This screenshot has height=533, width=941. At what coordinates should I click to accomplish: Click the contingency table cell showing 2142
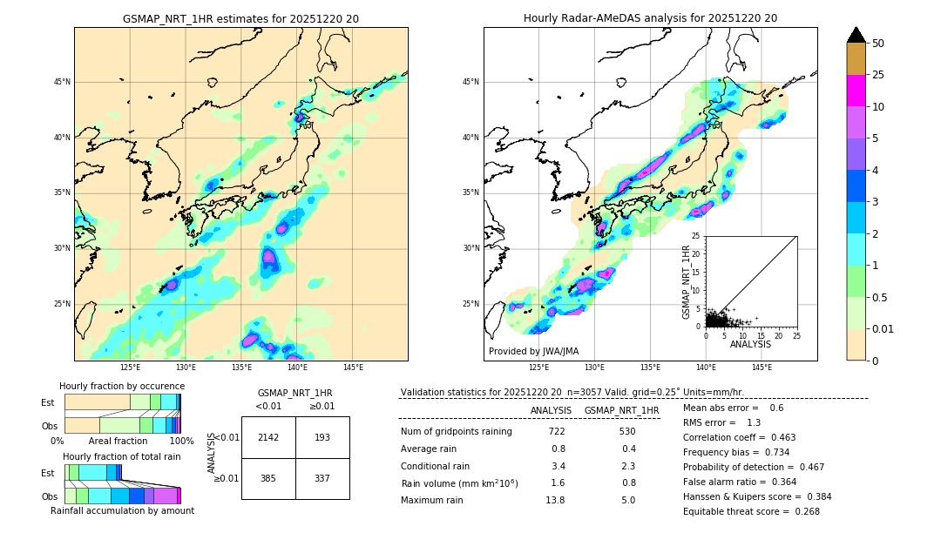(268, 437)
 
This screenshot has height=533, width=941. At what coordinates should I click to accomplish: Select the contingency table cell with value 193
(322, 437)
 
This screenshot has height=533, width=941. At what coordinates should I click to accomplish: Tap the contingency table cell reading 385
(268, 478)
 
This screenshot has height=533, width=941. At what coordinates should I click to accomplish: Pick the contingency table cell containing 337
(322, 478)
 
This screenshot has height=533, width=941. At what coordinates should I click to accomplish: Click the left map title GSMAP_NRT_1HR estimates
(240, 18)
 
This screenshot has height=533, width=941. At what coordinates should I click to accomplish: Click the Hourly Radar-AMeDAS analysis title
(650, 18)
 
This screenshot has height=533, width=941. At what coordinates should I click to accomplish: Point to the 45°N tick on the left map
(62, 82)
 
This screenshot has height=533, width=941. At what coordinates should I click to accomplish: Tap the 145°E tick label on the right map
(762, 368)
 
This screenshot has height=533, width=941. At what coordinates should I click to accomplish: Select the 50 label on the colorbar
(878, 44)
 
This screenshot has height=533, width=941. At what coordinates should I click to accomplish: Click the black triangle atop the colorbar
(856, 35)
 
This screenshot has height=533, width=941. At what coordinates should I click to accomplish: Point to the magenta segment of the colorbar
(856, 91)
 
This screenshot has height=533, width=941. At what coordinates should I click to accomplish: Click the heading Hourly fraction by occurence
(122, 386)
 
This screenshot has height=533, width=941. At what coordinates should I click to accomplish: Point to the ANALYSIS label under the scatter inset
(751, 345)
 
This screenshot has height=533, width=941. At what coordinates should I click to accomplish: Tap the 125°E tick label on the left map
(130, 368)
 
